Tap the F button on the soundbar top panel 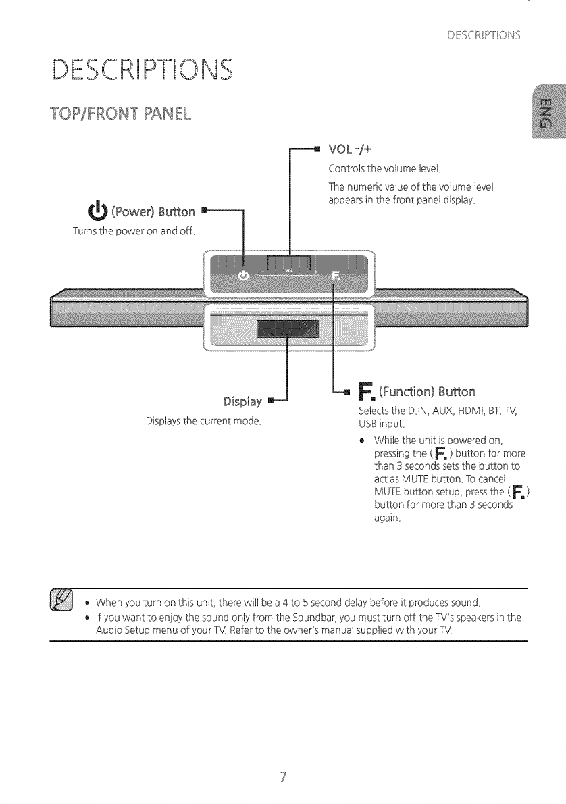pyautogui.click(x=336, y=276)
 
